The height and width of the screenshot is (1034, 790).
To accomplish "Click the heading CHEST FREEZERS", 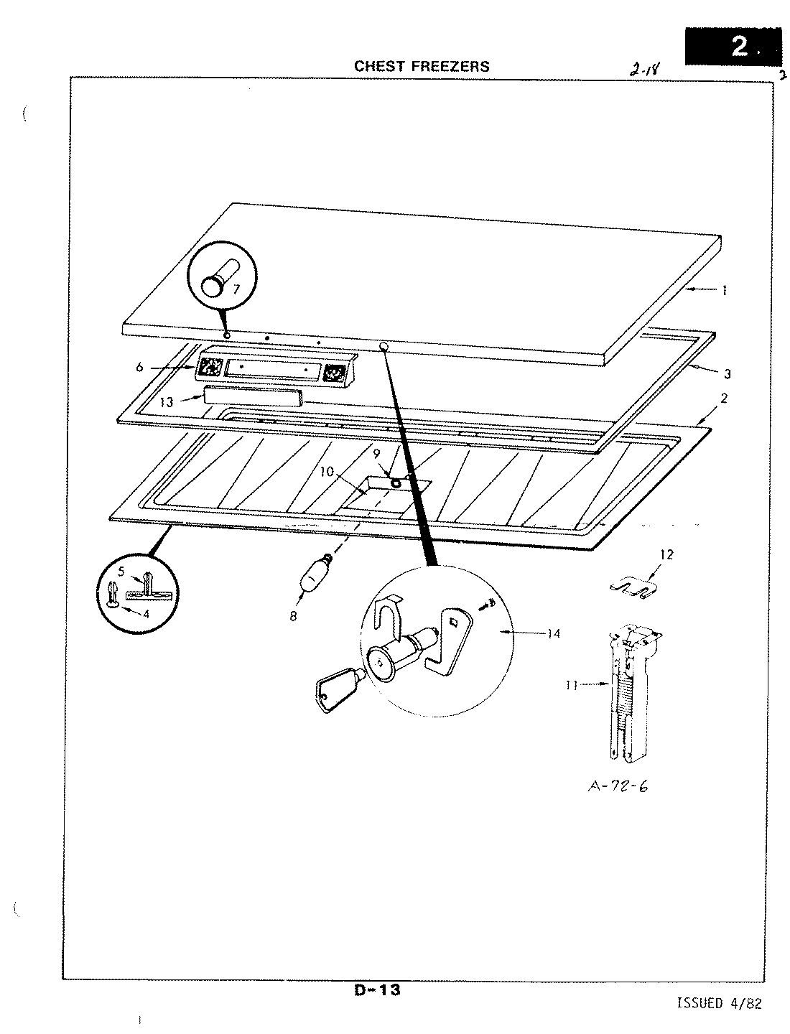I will pos(422,66).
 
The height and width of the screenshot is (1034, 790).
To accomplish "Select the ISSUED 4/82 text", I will pos(718,1003).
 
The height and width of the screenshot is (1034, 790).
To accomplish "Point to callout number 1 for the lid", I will pos(725,290).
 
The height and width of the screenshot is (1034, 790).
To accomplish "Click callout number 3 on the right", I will pos(727,373).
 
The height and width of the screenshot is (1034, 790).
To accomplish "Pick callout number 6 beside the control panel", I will pos(139,368).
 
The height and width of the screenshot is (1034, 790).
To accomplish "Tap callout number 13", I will pos(167,402).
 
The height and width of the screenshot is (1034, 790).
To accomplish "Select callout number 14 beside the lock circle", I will pos(552,633).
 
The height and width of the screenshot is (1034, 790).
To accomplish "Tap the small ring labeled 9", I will pos(394,483).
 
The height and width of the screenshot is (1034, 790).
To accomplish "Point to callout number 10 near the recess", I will pos(327,471).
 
